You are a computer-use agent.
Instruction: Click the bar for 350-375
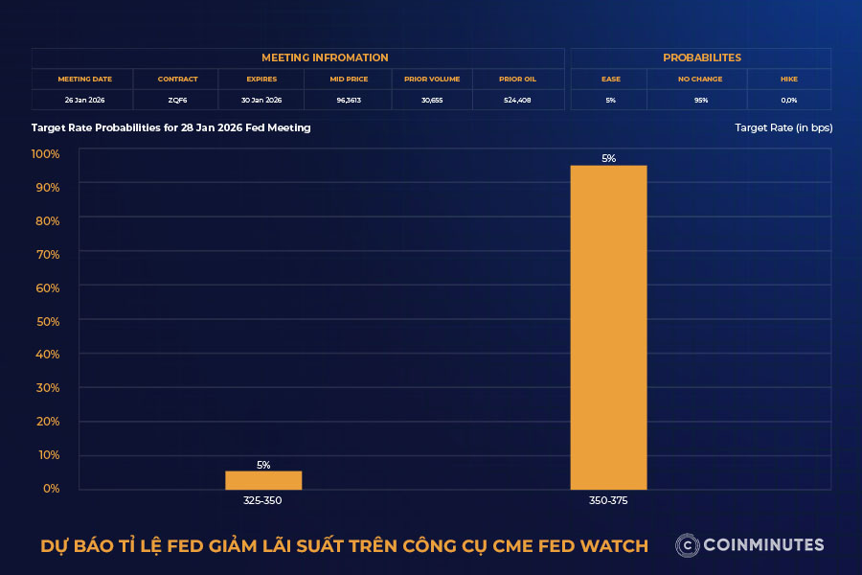pos(608,327)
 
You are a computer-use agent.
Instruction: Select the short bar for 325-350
pos(263,480)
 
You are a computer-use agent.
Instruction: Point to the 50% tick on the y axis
pos(46,321)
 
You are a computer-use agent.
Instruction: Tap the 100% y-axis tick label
pos(45,154)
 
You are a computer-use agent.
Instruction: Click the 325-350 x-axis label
pos(263,500)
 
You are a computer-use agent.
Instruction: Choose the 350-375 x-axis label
pos(608,500)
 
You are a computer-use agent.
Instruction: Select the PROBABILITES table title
pos(701,57)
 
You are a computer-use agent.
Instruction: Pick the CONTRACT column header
pos(177,79)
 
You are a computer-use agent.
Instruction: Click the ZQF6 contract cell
pos(177,100)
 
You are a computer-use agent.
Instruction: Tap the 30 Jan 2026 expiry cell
pos(261,100)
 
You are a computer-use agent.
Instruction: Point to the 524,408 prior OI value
pos(517,100)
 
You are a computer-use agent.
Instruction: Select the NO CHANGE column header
pos(699,79)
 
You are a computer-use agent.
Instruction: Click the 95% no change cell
pos(699,100)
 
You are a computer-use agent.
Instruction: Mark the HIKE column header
pos(788,79)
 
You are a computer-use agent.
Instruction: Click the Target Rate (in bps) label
pos(783,127)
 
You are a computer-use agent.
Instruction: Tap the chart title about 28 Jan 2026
pos(170,127)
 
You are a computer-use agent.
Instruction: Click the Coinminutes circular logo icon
pos(686,545)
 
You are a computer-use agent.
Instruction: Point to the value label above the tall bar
pos(608,159)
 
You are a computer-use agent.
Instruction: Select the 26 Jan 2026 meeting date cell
pos(83,100)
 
